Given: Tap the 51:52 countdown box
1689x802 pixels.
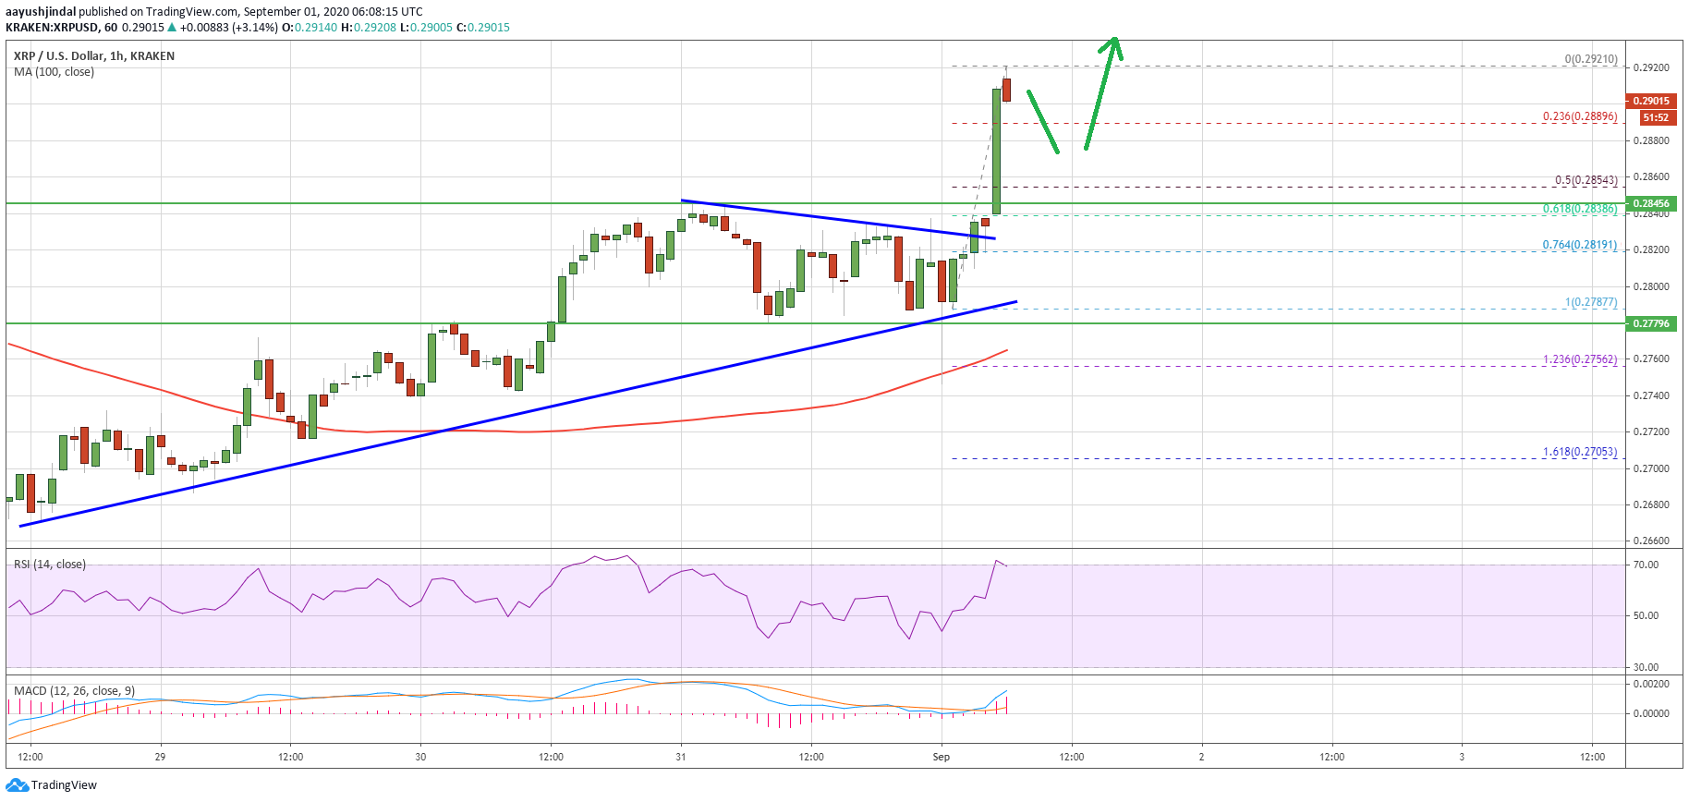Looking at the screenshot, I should pos(1655,117).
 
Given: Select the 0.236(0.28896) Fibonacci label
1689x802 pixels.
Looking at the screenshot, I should pos(1579,117).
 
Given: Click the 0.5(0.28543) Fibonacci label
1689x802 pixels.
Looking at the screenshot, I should pos(1586,180).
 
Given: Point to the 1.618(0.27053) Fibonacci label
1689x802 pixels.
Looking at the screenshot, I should pos(1579,452).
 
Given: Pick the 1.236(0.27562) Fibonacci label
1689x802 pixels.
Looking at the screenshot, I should pos(1579,359).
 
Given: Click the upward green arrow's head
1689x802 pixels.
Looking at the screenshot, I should pos(1114,43).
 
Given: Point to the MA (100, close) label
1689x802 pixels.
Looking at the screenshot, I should pos(54,72).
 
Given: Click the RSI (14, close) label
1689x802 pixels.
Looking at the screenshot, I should pos(49,565).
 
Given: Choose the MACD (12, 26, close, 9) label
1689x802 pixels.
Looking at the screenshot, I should pos(74,691).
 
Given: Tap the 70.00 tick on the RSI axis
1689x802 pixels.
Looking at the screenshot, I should pos(1646,565).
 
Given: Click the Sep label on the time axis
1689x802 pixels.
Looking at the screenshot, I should pos(941,757).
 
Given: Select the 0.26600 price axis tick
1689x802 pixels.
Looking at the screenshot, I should pos(1651,541).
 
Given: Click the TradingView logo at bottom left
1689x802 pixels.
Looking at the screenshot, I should pos(52,785).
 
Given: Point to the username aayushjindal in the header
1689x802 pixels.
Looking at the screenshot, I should pos(41,12).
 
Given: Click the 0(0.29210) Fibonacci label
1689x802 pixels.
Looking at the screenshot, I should pos(1590,59).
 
